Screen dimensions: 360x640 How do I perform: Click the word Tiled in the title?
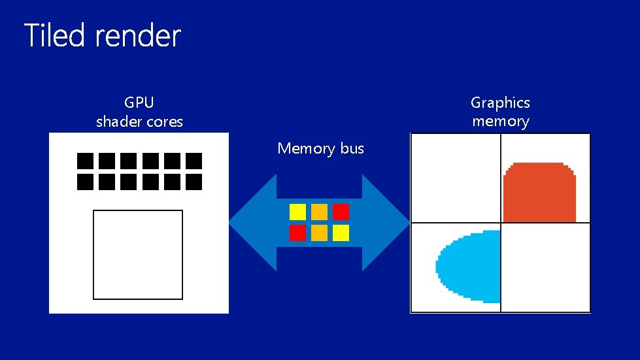(x=54, y=35)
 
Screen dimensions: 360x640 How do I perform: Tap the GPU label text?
(x=139, y=103)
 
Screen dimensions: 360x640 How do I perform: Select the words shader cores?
(x=139, y=122)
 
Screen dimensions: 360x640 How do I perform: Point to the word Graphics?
(x=500, y=103)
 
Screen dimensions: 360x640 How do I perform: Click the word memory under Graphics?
(x=500, y=122)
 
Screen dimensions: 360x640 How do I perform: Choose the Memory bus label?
(x=320, y=148)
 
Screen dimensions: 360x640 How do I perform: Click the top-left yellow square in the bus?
(x=297, y=212)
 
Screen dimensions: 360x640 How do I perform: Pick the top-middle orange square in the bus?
(x=319, y=212)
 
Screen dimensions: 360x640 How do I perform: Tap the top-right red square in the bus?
(x=341, y=212)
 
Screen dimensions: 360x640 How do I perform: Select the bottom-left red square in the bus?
(x=297, y=233)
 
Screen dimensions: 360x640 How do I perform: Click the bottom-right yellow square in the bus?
(x=341, y=233)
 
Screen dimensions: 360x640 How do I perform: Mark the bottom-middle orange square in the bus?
(x=319, y=233)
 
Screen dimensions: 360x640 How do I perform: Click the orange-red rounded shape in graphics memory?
(x=540, y=193)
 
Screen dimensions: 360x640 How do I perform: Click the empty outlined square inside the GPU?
(x=137, y=254)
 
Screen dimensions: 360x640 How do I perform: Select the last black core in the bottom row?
(x=194, y=182)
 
